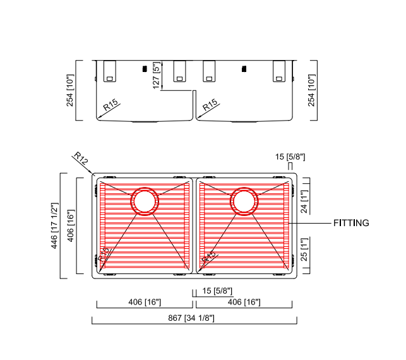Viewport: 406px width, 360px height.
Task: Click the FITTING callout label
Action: [350, 223]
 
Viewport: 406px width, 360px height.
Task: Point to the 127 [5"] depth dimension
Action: [157, 75]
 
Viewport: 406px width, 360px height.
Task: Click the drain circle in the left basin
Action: [144, 201]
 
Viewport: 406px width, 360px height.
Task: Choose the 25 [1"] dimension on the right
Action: [304, 251]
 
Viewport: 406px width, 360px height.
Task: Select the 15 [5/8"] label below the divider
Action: [217, 291]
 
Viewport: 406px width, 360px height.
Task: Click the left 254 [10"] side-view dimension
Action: [71, 90]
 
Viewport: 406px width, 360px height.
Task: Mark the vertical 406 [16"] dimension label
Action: [71, 225]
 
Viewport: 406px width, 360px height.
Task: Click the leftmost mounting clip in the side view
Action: [109, 71]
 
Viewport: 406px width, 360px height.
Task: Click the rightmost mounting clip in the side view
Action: [279, 71]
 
